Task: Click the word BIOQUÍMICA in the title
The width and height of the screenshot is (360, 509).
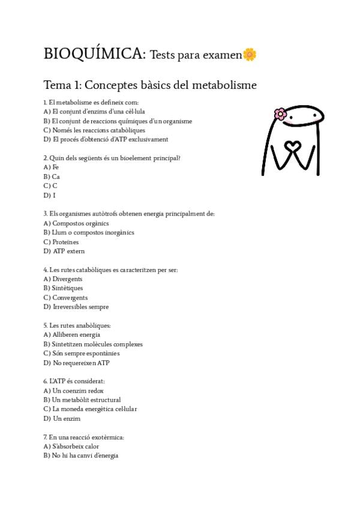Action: tap(94, 54)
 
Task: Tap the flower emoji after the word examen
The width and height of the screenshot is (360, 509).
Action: tap(250, 55)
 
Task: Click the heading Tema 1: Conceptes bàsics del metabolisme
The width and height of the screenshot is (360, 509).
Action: tap(150, 85)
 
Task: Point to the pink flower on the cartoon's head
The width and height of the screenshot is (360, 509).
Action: tap(280, 113)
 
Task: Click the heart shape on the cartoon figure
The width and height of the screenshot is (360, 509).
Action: tap(292, 147)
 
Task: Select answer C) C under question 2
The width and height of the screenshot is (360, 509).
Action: tap(50, 186)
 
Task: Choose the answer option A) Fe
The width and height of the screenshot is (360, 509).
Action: tap(51, 167)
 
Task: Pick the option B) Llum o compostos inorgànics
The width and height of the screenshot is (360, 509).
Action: tap(89, 232)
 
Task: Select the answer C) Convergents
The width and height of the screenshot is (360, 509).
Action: tap(65, 298)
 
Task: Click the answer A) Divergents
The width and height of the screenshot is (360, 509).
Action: tap(63, 279)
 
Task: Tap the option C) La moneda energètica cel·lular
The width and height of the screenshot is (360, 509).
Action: tap(90, 409)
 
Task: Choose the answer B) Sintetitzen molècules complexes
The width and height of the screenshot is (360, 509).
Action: tap(93, 345)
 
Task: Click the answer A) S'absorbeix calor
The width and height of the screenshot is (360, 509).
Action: tap(71, 447)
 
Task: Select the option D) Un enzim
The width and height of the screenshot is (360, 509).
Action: tap(62, 418)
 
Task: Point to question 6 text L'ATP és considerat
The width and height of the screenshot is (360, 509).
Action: tap(74, 381)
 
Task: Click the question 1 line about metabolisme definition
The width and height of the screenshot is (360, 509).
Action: tap(91, 103)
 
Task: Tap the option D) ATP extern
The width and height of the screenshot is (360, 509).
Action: tap(64, 251)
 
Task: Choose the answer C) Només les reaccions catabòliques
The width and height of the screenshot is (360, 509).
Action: tap(94, 130)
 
